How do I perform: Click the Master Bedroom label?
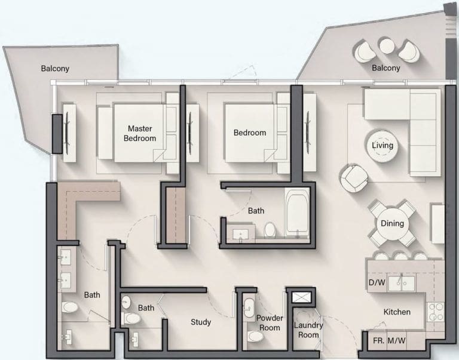point(140,133)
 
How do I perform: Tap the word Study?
point(201,322)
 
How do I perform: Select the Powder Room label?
point(270,323)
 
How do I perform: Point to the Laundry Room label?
point(308,330)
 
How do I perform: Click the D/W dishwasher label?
point(377,282)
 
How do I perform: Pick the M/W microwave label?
point(397,341)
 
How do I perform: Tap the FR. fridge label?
point(379,341)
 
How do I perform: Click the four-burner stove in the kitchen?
point(435,312)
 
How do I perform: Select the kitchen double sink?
point(401,283)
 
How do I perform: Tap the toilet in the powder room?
point(256,336)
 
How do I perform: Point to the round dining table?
point(392,223)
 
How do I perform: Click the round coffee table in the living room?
point(382,146)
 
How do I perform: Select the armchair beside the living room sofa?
point(354,179)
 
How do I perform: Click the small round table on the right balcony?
point(387,46)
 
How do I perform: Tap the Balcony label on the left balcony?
point(55,69)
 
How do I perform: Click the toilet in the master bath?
point(70,307)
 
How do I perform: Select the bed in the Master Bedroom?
point(137,133)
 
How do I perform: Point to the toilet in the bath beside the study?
point(130,318)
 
